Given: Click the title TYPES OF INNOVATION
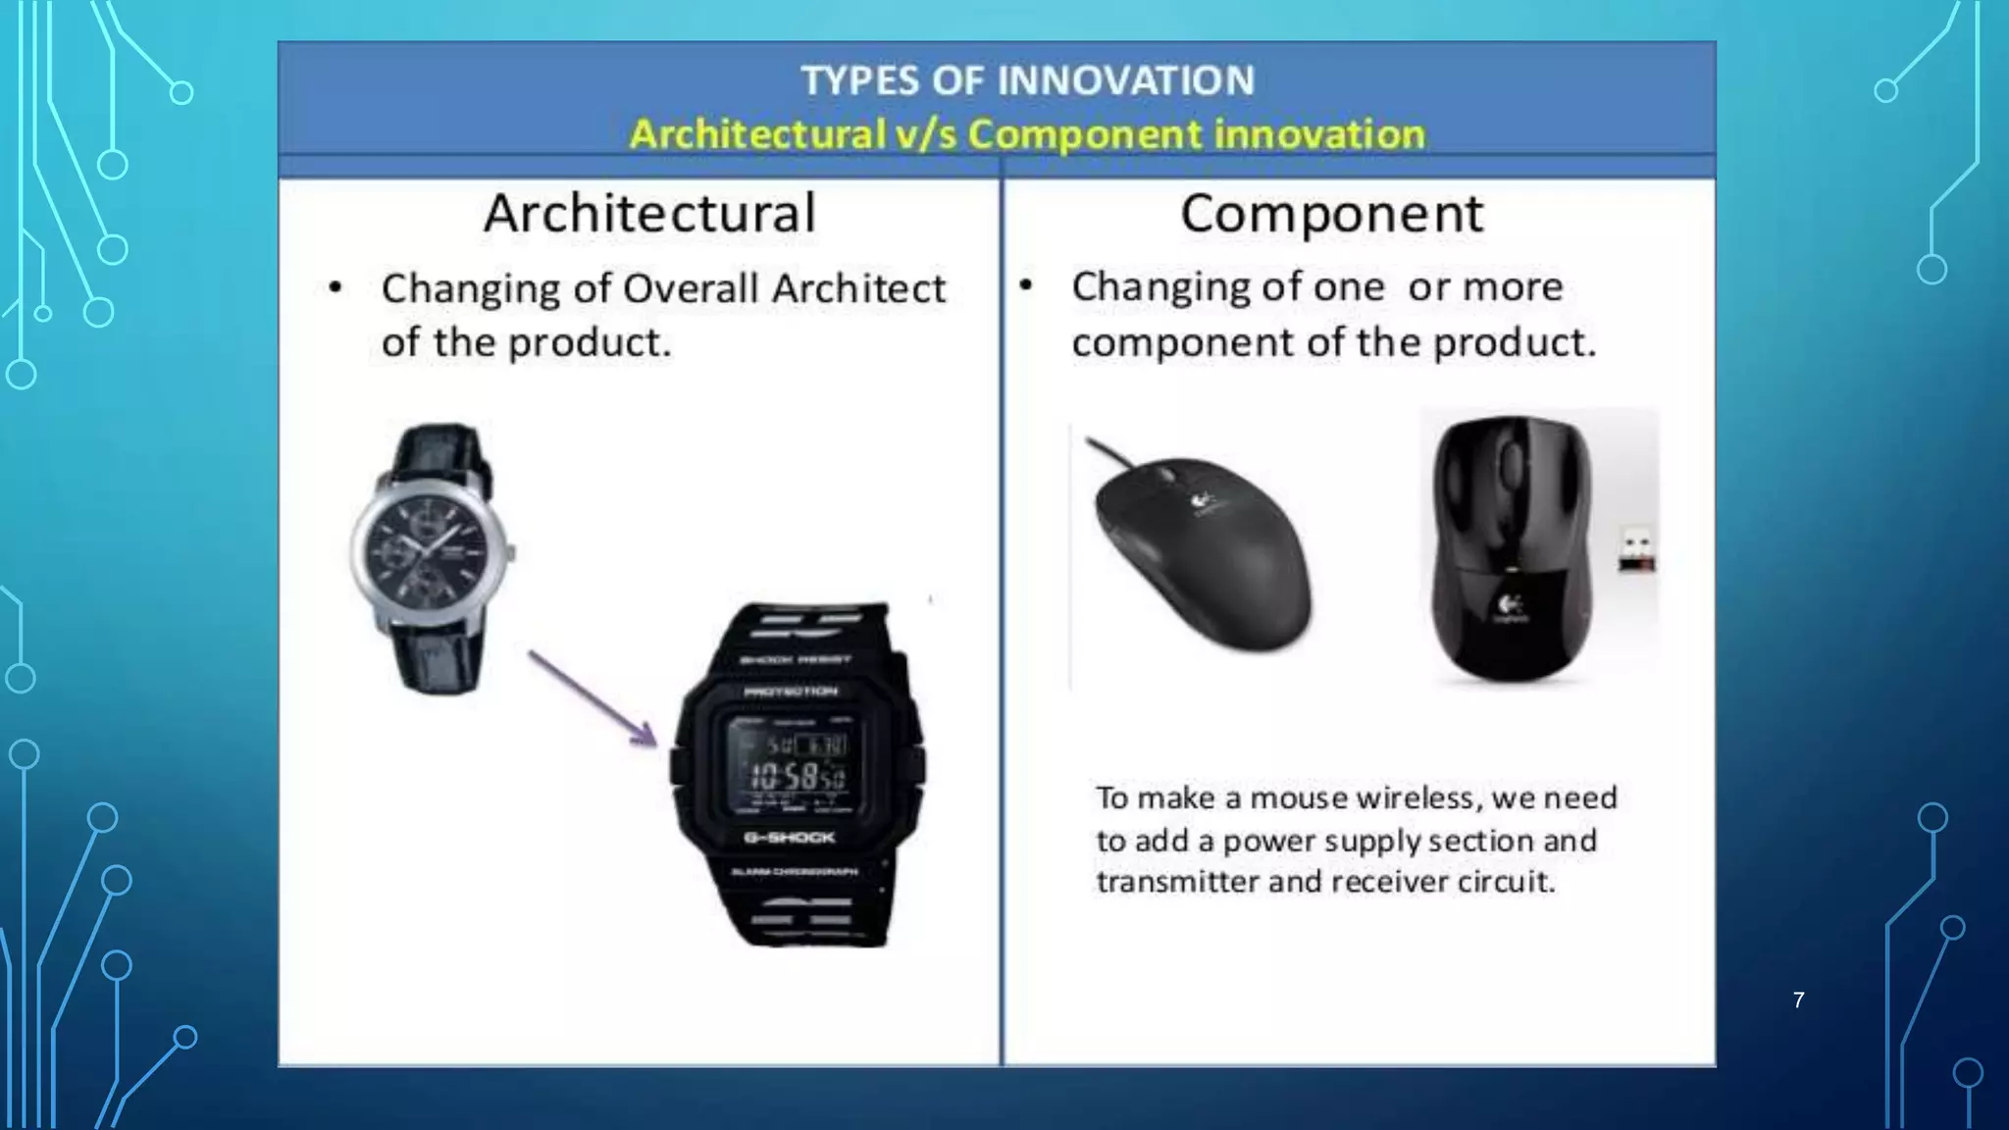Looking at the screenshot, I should click(1027, 80).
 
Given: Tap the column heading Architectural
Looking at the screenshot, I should click(649, 213).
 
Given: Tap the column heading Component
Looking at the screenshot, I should click(1331, 213).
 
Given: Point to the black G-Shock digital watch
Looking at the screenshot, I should click(797, 775).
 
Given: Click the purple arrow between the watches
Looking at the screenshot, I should click(592, 696).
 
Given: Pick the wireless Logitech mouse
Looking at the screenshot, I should click(1511, 549).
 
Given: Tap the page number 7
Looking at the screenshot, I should click(1798, 1001).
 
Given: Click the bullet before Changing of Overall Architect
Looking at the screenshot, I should click(335, 288).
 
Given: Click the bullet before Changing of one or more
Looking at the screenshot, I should click(1026, 286).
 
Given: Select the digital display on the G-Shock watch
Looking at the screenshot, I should click(797, 765).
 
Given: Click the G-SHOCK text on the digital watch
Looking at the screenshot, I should click(790, 837).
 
